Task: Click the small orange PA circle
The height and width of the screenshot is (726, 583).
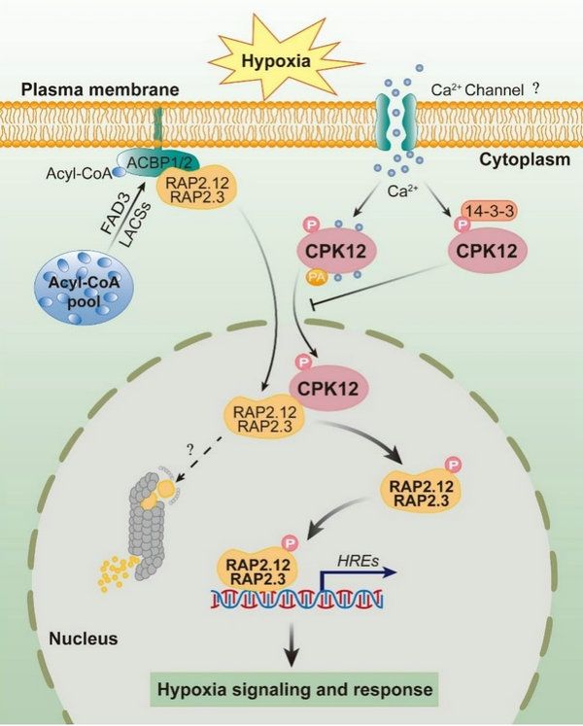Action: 290,280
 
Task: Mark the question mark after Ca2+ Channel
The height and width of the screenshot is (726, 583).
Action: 535,87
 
